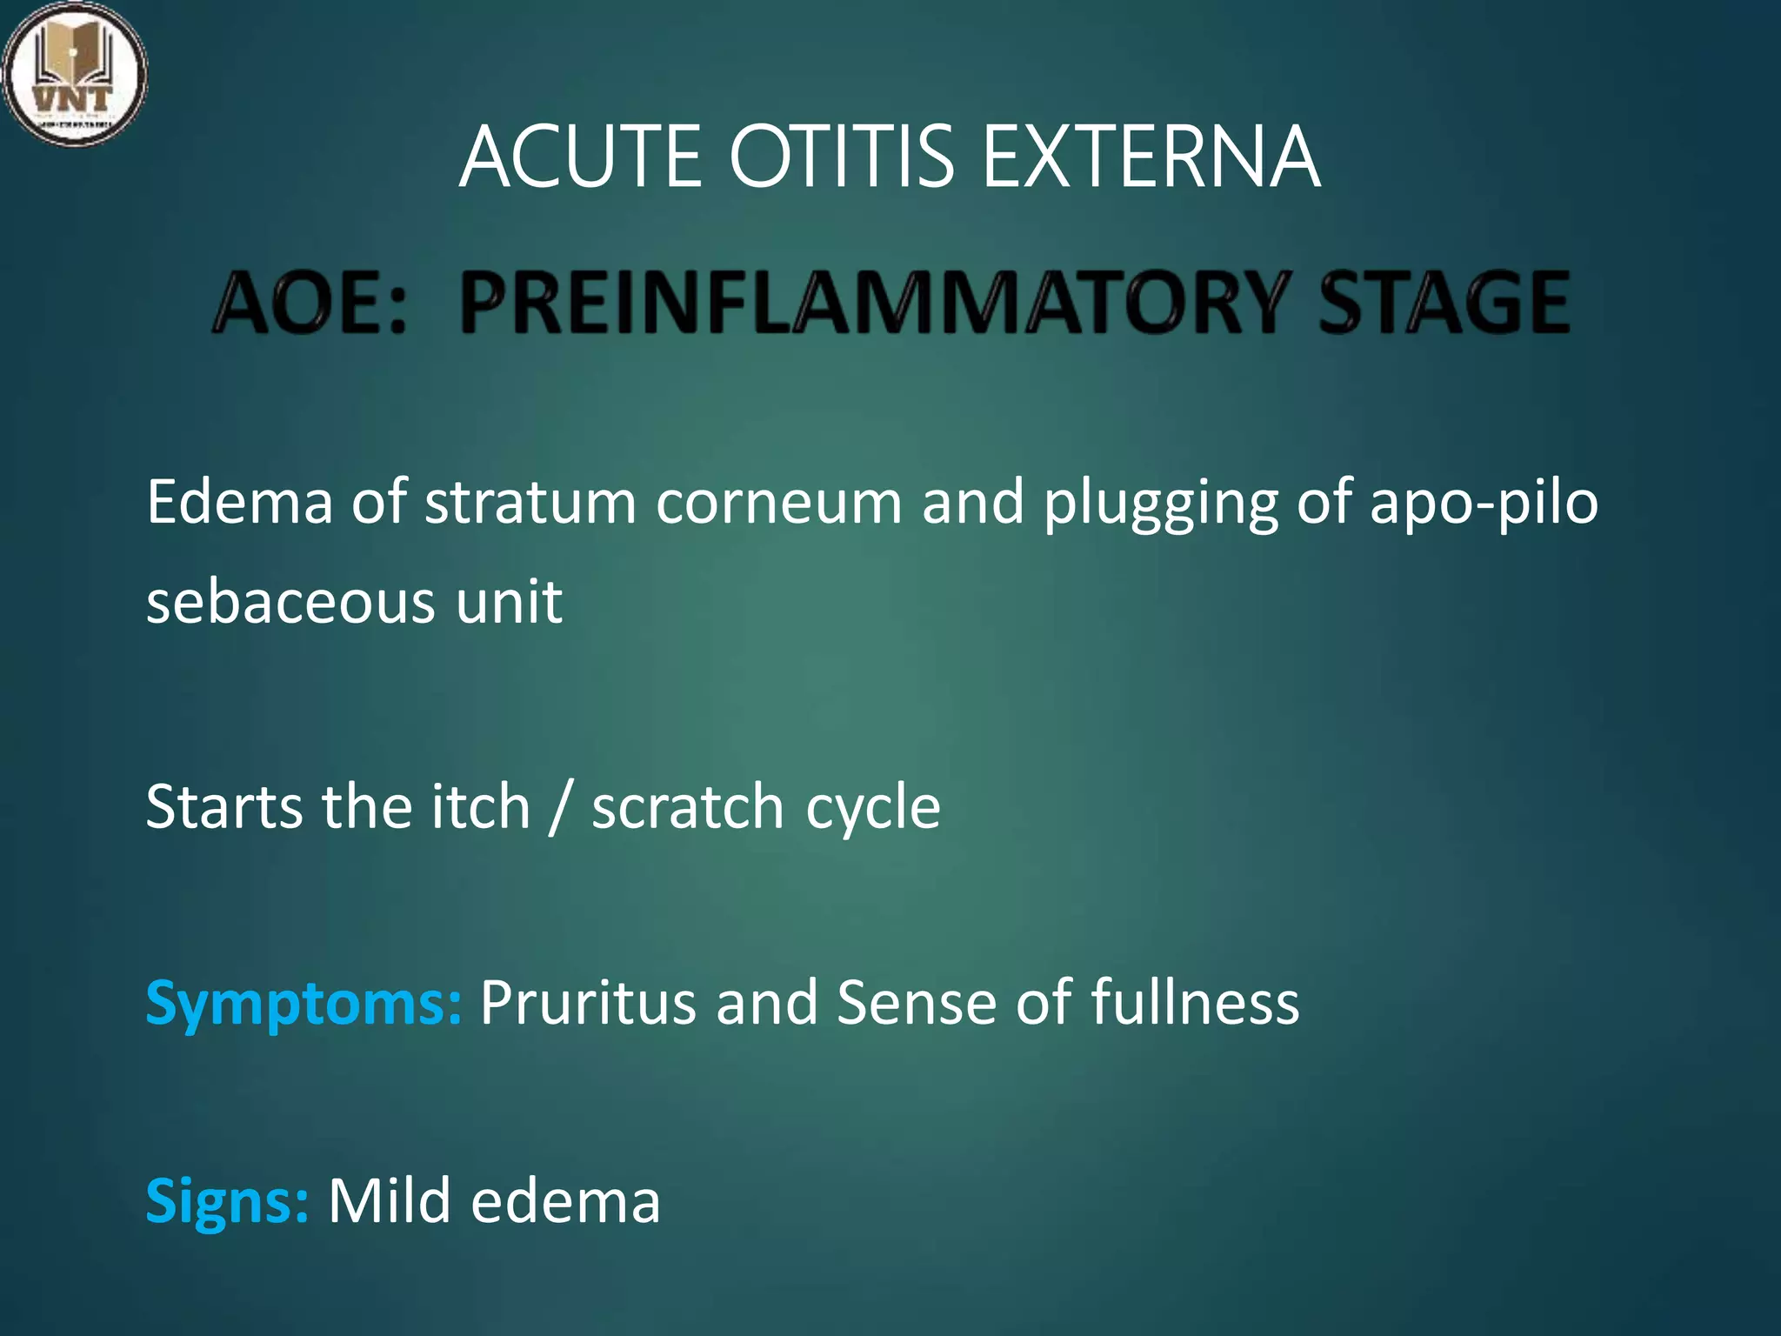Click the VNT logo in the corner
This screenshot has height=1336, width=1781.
point(74,74)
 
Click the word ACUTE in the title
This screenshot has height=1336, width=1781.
point(580,157)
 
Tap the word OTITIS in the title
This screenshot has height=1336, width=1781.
point(841,157)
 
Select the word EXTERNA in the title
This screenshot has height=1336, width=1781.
point(1151,157)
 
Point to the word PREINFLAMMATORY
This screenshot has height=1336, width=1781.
point(872,304)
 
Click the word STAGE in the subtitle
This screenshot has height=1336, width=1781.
point(1444,304)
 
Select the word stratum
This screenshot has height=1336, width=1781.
point(530,503)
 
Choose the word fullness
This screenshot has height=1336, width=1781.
point(1195,1002)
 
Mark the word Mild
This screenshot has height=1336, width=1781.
point(389,1200)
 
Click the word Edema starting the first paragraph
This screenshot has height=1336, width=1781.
point(239,503)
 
